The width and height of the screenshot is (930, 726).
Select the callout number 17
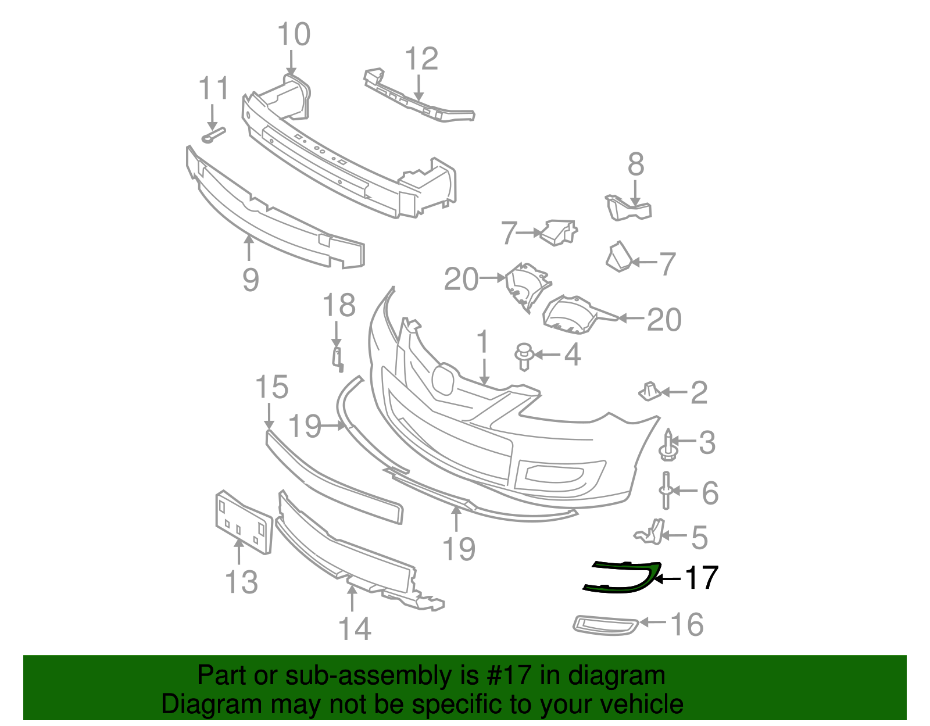(x=702, y=578)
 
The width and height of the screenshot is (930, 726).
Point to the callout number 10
(x=294, y=35)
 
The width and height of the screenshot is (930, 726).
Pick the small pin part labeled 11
(x=213, y=135)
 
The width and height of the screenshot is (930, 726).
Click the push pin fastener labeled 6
(x=666, y=491)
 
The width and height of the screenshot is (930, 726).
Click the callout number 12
(x=421, y=59)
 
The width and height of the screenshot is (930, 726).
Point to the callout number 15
(x=271, y=387)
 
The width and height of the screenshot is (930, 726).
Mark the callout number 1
(x=483, y=343)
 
